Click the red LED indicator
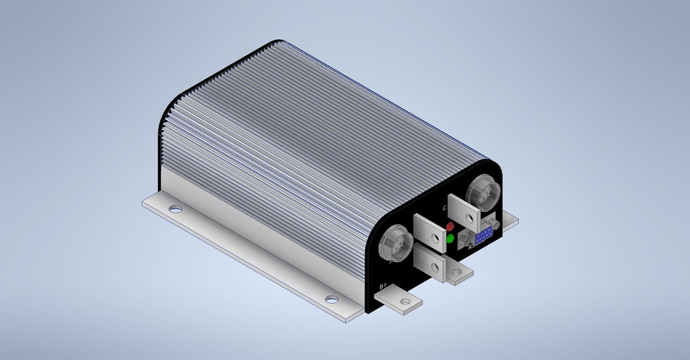pyautogui.click(x=451, y=226)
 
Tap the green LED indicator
pyautogui.click(x=451, y=239)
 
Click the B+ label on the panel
pyautogui.click(x=384, y=289)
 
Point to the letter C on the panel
pyautogui.click(x=446, y=208)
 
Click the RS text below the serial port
pyautogui.click(x=472, y=248)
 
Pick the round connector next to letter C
pyautogui.click(x=479, y=192)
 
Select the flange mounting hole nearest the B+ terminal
pyautogui.click(x=331, y=299)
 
